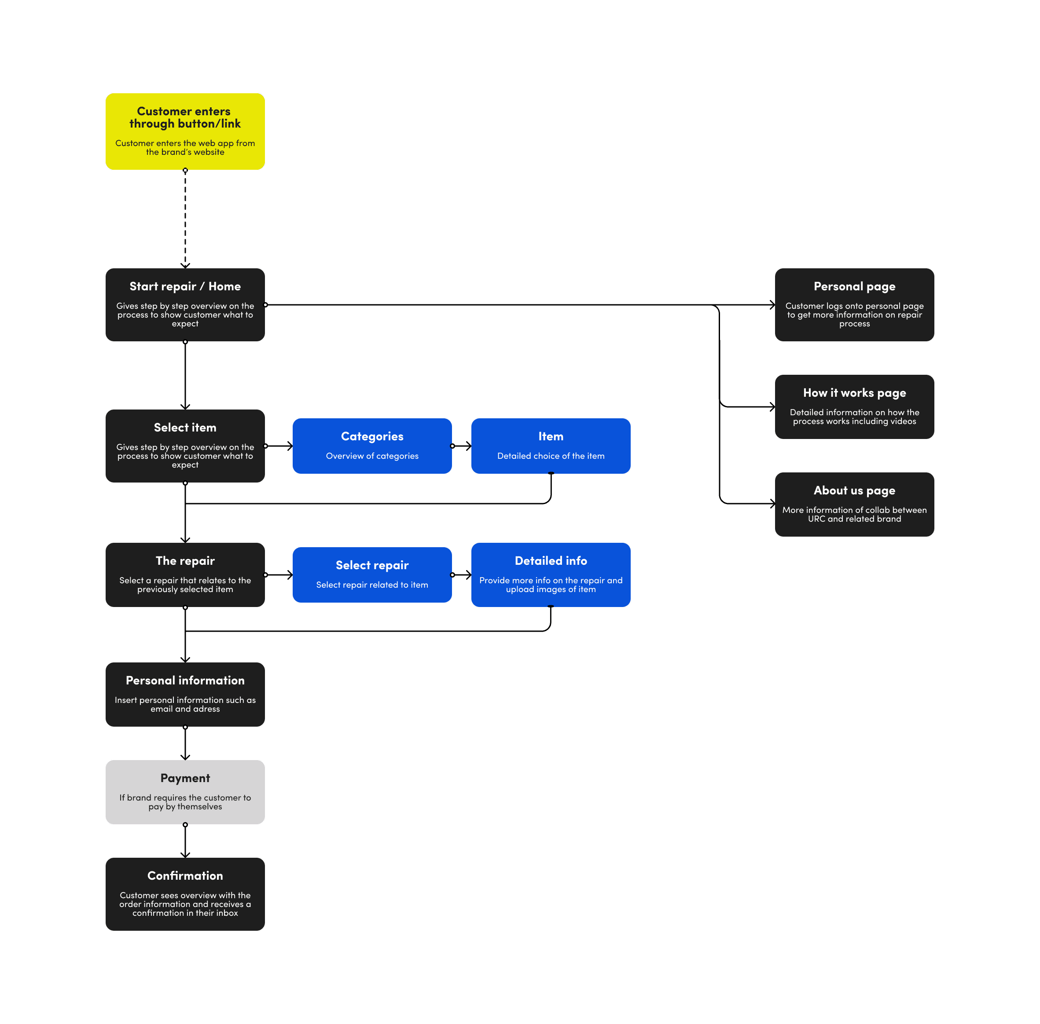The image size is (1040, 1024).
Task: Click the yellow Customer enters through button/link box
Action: tap(185, 131)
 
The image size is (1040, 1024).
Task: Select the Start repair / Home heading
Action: tap(185, 286)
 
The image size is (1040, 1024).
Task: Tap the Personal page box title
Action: tap(854, 286)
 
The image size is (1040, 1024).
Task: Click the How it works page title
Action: tap(854, 393)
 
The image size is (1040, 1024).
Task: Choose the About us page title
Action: tap(854, 490)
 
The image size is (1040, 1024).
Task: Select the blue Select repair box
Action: tap(372, 574)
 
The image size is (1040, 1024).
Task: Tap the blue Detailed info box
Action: tap(551, 574)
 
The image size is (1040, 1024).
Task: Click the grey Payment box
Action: tap(185, 792)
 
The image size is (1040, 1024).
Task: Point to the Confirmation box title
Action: tap(185, 876)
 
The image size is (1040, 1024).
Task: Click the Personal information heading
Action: tap(185, 680)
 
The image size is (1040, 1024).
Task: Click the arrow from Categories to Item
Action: tap(462, 446)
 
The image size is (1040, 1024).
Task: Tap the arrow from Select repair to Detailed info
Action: tap(462, 575)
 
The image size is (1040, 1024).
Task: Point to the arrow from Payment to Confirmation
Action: tap(185, 841)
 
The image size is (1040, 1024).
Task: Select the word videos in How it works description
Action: tap(902, 421)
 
